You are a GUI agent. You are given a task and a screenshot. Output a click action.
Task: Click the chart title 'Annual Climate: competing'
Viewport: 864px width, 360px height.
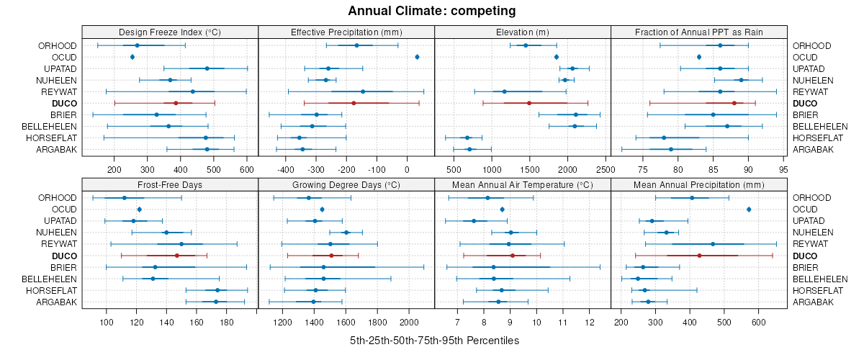pyautogui.click(x=432, y=11)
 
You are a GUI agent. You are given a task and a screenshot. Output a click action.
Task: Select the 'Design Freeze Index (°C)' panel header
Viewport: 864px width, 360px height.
pyautogui.click(x=170, y=32)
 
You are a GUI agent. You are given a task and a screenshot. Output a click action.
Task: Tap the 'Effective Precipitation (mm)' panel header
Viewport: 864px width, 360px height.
pyautogui.click(x=346, y=32)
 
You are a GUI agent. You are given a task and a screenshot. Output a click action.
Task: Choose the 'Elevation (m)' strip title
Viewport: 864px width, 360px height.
pyautogui.click(x=523, y=32)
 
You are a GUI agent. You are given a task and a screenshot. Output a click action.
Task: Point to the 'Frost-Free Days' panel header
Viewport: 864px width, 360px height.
pyautogui.click(x=170, y=184)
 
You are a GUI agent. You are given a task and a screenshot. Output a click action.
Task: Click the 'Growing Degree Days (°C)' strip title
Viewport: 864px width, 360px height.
pyautogui.click(x=346, y=184)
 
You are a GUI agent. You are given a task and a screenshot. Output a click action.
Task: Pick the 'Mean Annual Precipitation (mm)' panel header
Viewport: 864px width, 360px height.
pyautogui.click(x=698, y=184)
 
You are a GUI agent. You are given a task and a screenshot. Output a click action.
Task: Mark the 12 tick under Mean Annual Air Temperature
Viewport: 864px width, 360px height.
pyautogui.click(x=590, y=322)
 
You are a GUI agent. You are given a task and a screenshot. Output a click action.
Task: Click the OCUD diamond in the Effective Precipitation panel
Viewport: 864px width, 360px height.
pyautogui.click(x=418, y=57)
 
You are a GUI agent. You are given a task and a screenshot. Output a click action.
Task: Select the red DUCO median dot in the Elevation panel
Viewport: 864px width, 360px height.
pyautogui.click(x=529, y=103)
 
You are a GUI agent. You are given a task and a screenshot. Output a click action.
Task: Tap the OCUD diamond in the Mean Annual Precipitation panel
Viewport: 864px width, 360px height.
pyautogui.click(x=749, y=210)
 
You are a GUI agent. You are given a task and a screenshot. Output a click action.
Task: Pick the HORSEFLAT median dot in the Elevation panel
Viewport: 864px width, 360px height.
pyautogui.click(x=467, y=138)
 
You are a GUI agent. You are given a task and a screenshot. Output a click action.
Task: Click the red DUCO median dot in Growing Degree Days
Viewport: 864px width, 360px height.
pyautogui.click(x=331, y=256)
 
